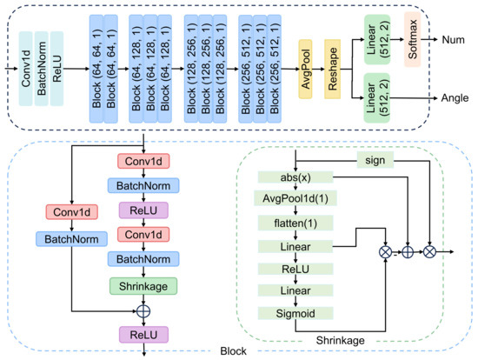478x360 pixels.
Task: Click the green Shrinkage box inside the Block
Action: (143, 283)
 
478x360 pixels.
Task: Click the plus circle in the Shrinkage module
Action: (403, 252)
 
